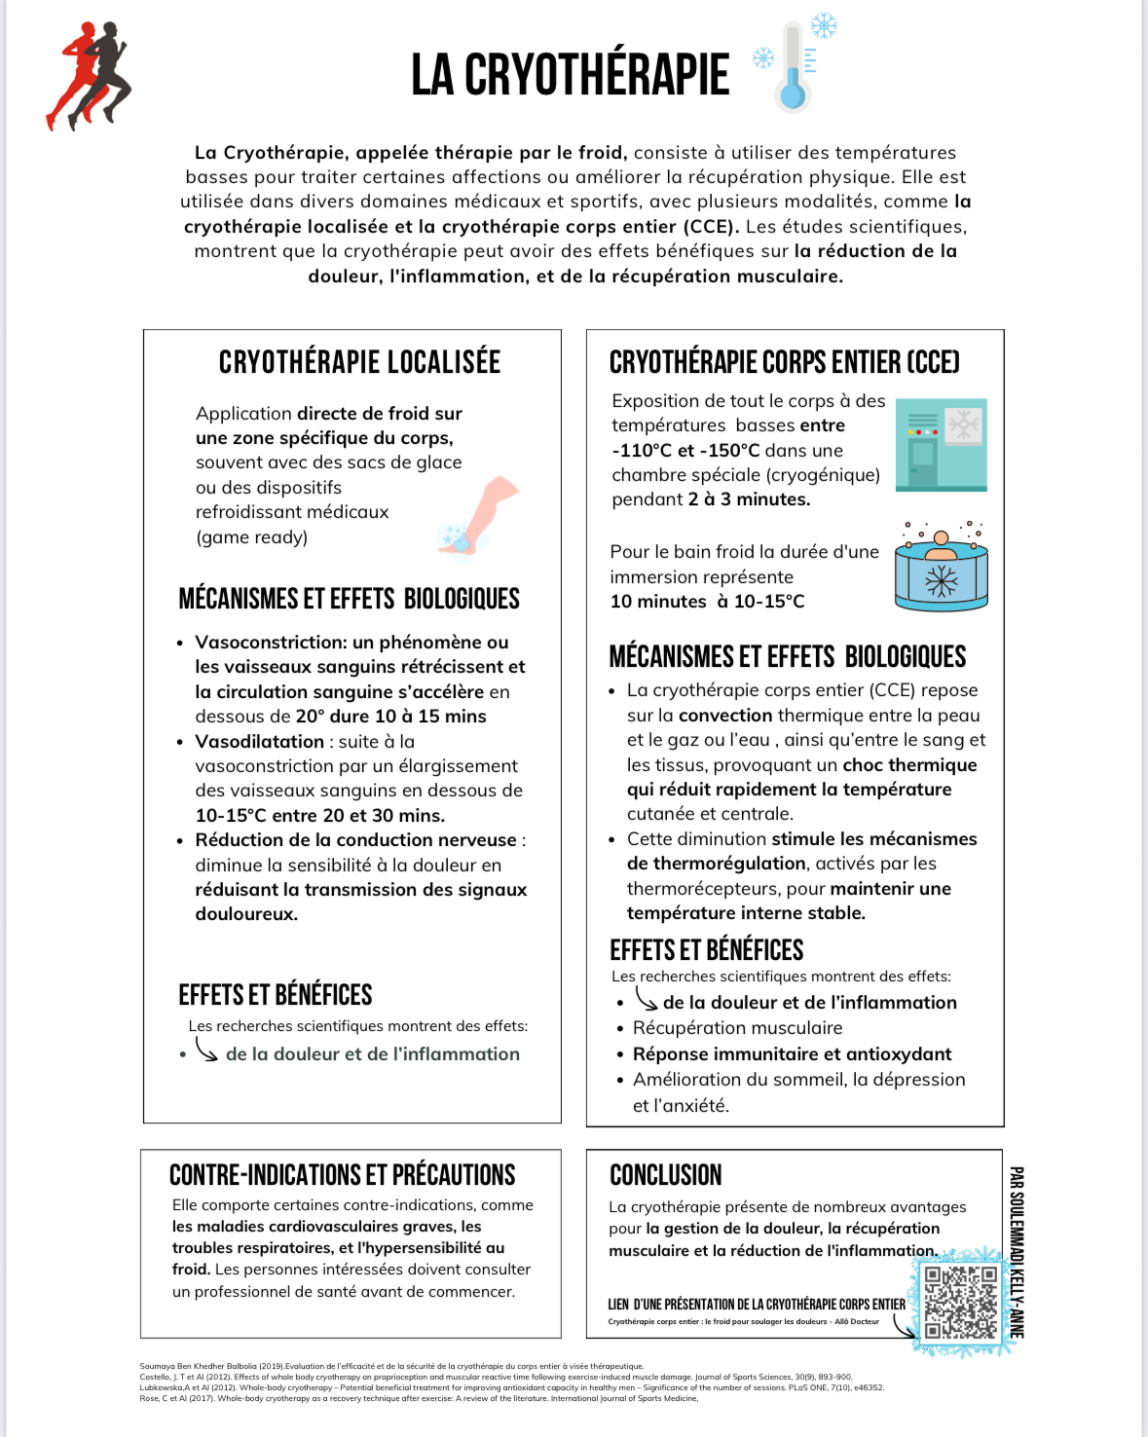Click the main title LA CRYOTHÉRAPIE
pos(570,75)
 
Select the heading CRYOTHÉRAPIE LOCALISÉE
pos(359,362)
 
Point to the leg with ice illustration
pos(480,517)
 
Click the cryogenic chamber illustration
pos(941,444)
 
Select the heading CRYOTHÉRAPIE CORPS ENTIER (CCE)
pos(784,362)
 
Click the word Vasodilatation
pos(259,742)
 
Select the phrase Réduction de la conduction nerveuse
pos(355,840)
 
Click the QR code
pos(961,1302)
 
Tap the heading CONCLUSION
pos(666,1175)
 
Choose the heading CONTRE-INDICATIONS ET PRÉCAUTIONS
pos(342,1175)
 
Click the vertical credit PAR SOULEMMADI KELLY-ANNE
pos(1016,1252)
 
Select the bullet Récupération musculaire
pos(737,1028)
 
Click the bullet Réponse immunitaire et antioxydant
pos(792,1054)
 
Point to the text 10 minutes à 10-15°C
pos(707,602)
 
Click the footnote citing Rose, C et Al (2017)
pos(419,1398)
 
